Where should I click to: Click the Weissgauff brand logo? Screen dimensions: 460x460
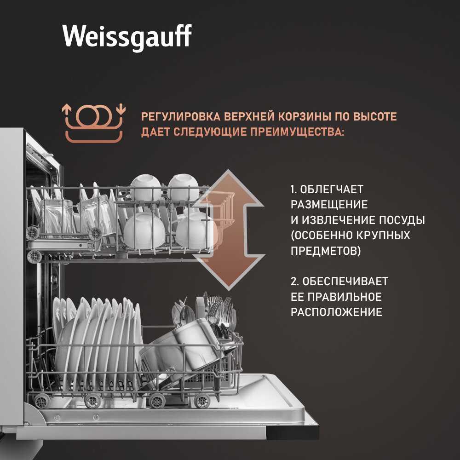click(127, 36)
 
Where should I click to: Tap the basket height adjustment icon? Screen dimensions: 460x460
click(94, 123)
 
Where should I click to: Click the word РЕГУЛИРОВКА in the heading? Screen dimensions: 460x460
click(181, 116)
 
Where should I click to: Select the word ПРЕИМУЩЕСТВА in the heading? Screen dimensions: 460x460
click(297, 132)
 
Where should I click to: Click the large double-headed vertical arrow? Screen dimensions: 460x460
click(229, 230)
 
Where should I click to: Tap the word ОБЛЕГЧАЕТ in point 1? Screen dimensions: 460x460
click(332, 189)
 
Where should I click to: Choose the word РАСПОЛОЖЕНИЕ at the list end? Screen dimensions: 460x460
click(337, 311)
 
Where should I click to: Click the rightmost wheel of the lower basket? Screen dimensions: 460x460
click(202, 401)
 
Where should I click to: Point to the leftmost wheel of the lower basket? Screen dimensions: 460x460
click(41, 401)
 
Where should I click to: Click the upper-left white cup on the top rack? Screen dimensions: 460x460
click(145, 188)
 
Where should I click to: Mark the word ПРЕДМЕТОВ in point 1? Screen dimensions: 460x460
click(326, 251)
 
